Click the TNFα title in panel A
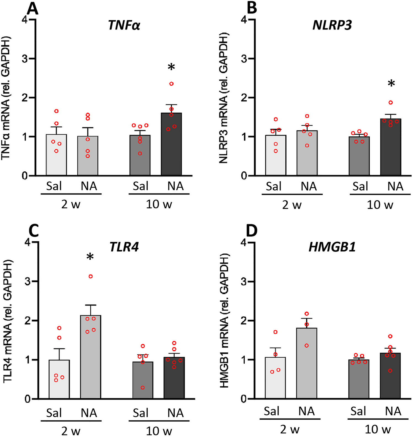(x=124, y=25)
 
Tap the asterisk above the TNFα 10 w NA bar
(x=171, y=67)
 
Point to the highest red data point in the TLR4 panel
(x=91, y=276)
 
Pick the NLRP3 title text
(x=332, y=25)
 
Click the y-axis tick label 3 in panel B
(x=244, y=59)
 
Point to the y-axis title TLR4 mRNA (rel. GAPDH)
(x=8, y=321)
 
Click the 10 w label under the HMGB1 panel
(x=378, y=429)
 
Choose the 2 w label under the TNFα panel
(x=71, y=204)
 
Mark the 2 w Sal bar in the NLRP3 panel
(x=276, y=155)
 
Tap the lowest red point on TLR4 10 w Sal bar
(x=143, y=388)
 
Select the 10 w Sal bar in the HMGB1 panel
(x=359, y=379)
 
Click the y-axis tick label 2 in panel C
(x=28, y=321)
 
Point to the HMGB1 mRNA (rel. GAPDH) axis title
(x=225, y=321)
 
